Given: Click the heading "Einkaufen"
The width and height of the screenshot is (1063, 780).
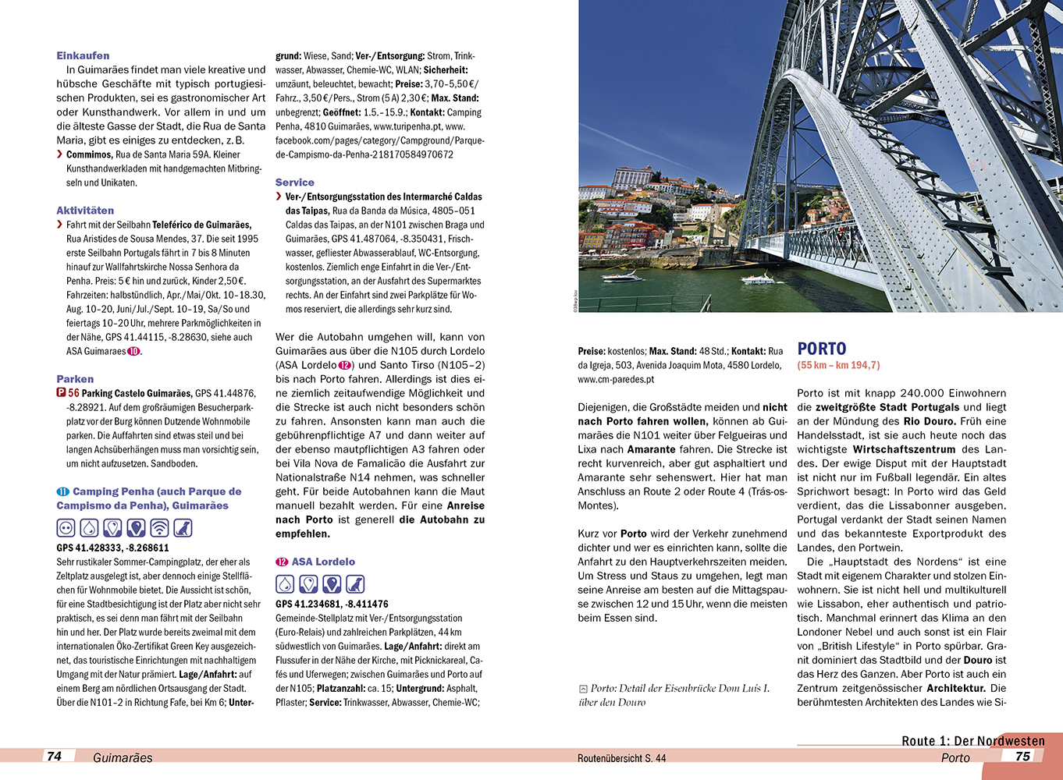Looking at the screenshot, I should (83, 55).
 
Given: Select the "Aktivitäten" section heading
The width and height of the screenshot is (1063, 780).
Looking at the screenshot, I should (85, 211).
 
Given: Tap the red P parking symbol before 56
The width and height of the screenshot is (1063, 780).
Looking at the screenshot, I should (61, 393).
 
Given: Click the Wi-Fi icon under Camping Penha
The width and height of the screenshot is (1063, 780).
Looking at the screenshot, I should (159, 528).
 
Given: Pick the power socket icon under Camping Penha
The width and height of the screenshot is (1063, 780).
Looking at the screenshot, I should (66, 528).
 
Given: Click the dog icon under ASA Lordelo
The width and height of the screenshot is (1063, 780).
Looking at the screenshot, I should (355, 584).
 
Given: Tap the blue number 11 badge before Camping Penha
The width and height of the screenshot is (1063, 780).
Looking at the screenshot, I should (63, 491).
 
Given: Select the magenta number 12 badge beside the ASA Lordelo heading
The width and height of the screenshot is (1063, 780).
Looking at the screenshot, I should (282, 562).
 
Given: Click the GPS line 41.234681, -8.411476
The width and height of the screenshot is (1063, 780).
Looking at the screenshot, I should (332, 604).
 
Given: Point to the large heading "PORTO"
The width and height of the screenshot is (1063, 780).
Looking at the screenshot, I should (822, 349).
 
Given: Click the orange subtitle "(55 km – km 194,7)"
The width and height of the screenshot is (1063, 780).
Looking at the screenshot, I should (838, 365).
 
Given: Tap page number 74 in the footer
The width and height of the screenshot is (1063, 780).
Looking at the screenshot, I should (55, 756).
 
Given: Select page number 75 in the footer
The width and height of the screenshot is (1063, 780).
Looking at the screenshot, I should (1022, 756).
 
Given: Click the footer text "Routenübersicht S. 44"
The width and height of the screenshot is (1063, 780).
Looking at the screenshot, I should (621, 758).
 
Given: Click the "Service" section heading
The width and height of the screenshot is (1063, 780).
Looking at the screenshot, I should (295, 183).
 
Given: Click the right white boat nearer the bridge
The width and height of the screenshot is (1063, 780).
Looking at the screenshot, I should (756, 278).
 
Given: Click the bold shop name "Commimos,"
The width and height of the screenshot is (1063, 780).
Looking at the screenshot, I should (89, 154).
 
